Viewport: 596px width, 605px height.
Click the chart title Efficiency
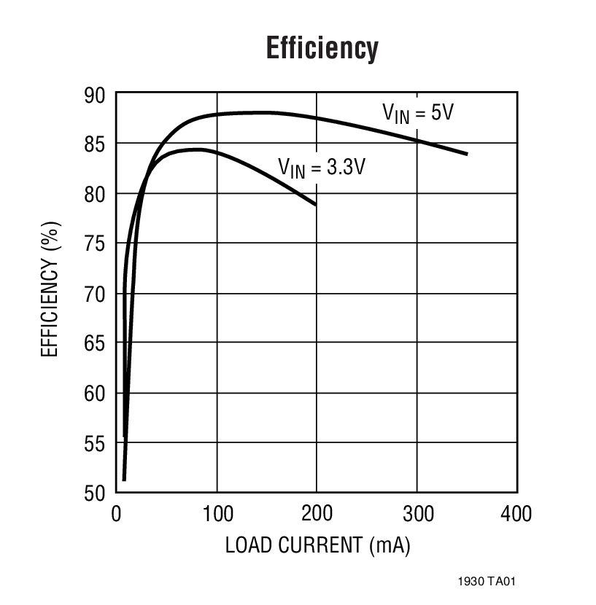322,49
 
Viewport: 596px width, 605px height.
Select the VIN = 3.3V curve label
322,166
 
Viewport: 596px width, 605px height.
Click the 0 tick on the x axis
117,514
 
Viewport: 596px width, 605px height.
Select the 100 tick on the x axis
216,514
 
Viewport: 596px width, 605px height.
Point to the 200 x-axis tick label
317,514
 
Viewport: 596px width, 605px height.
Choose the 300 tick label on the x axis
417,514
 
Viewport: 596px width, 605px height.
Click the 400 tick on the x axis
516,514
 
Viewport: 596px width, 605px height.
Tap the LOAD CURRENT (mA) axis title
317,544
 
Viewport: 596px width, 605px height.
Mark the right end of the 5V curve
466,154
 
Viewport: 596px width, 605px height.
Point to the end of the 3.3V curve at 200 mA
317,205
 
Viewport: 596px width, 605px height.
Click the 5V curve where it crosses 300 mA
417,140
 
